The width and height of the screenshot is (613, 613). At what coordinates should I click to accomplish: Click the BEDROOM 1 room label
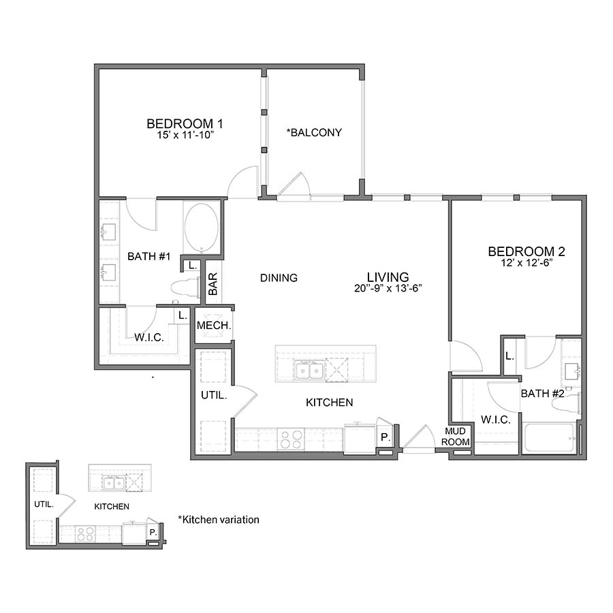pyautogui.click(x=185, y=123)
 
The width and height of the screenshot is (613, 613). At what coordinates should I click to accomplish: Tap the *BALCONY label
pyautogui.click(x=314, y=132)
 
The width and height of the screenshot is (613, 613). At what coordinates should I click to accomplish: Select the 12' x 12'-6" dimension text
pyautogui.click(x=526, y=263)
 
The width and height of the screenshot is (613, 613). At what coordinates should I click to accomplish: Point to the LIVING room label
pyautogui.click(x=388, y=277)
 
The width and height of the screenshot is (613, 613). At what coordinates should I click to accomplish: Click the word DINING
pyautogui.click(x=279, y=278)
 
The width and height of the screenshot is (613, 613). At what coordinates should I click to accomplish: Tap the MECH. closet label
pyautogui.click(x=214, y=326)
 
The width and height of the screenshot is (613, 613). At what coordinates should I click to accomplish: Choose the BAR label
pyautogui.click(x=213, y=283)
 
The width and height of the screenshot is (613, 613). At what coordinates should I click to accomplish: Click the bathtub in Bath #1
pyautogui.click(x=201, y=227)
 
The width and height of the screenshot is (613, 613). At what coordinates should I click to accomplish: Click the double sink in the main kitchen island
pyautogui.click(x=309, y=371)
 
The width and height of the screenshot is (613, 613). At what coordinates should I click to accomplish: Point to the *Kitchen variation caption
pyautogui.click(x=219, y=520)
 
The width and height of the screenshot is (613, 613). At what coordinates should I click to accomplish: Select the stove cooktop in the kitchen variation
pyautogui.click(x=85, y=534)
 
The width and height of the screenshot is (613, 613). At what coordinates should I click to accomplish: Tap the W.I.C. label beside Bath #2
pyautogui.click(x=495, y=420)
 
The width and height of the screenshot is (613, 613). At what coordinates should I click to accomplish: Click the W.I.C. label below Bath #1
pyautogui.click(x=148, y=336)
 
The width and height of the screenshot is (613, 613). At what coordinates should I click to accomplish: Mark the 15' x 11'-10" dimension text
pyautogui.click(x=185, y=135)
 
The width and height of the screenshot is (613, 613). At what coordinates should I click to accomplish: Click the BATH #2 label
pyautogui.click(x=541, y=394)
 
